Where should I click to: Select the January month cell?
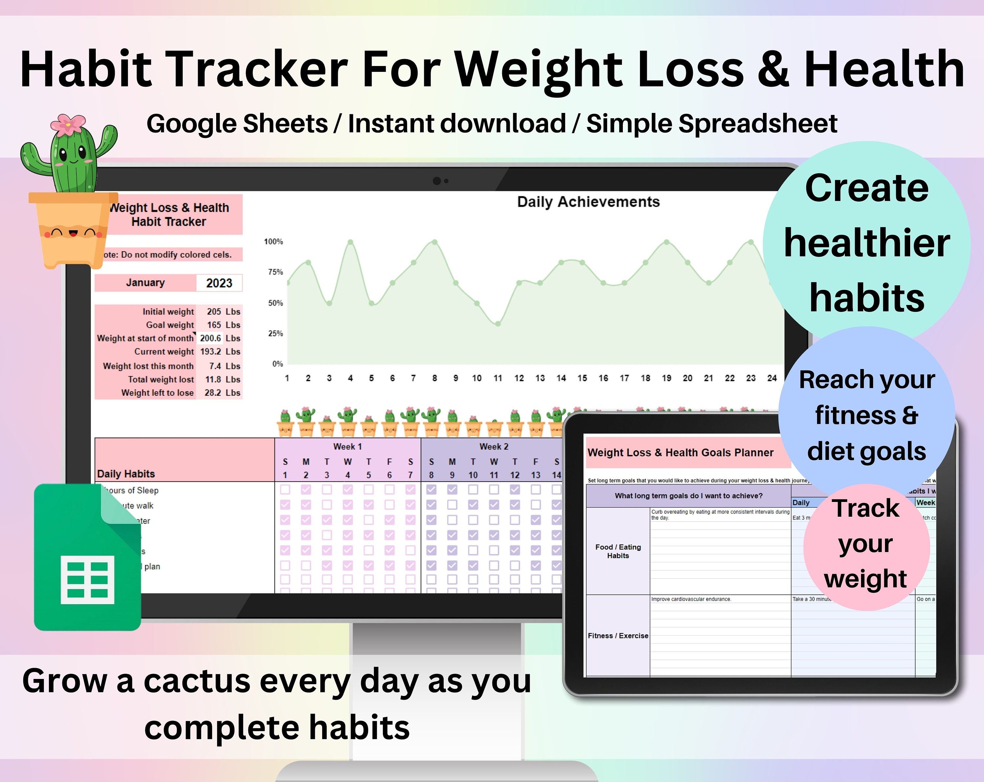coord(145,283)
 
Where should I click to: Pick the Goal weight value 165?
coord(214,325)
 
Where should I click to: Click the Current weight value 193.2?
coord(210,352)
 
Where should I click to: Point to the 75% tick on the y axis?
coord(275,272)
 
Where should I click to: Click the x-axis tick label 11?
coord(498,378)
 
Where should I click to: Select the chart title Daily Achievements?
coord(588,202)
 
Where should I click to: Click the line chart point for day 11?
coord(498,324)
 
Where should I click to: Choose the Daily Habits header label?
coord(126,474)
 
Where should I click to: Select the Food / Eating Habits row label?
coord(618,551)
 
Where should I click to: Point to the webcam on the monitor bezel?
coord(437,181)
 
